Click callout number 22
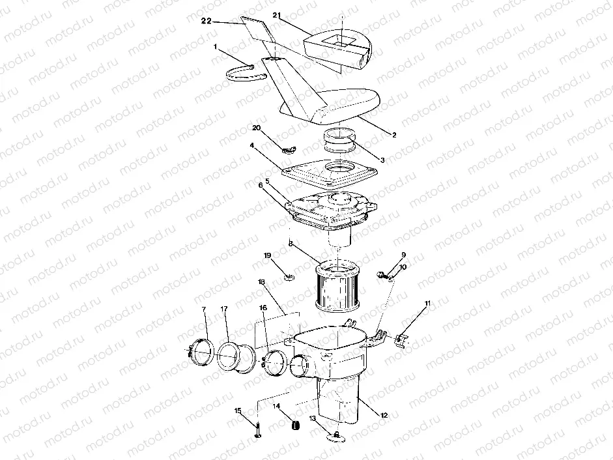[207, 22]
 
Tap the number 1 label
[216, 47]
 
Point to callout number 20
[257, 128]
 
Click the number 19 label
[266, 256]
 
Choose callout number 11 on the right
[427, 304]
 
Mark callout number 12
[384, 414]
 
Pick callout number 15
[238, 410]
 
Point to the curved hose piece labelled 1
[246, 72]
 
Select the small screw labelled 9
[382, 276]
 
